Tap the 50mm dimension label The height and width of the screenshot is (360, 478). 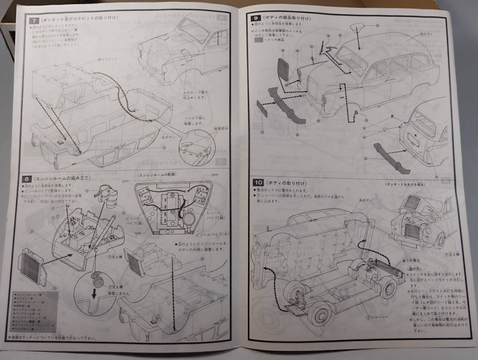click(x=126, y=181)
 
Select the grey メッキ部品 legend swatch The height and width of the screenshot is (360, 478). click(x=259, y=39)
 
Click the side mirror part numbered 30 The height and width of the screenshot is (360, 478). click(x=354, y=115)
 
